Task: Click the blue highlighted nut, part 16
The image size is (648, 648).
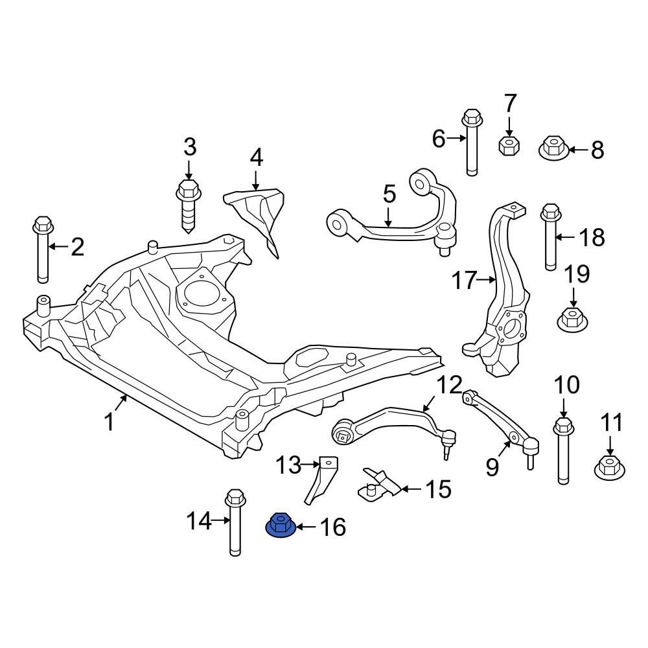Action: pos(280,525)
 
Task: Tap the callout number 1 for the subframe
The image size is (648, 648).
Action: pos(109,422)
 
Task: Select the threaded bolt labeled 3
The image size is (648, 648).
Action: pos(189,206)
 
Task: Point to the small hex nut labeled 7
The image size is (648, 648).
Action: pos(508,145)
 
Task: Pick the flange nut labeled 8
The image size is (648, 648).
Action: pos(554,148)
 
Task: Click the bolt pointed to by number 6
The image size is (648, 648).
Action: pos(472,142)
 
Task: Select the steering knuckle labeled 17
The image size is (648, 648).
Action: pos(497,289)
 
